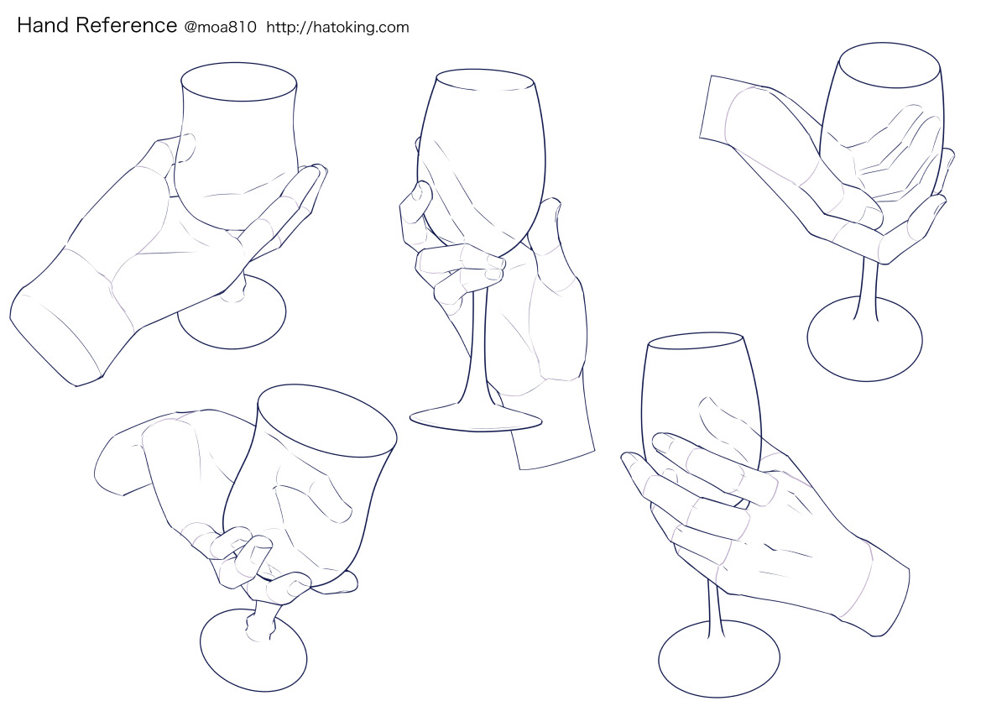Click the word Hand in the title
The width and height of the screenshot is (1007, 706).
pos(43,26)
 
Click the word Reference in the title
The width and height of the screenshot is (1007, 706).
pos(127,26)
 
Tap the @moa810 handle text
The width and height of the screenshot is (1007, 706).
pos(220,28)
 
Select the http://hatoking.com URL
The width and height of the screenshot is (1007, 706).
pos(337,28)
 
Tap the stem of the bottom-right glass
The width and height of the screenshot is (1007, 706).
pos(715,609)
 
